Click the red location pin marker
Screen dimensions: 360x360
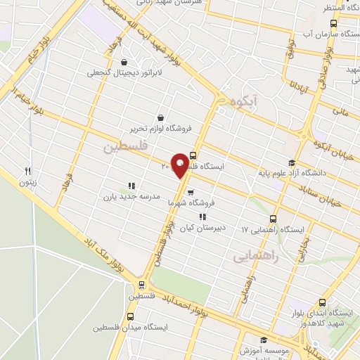pos(181,165)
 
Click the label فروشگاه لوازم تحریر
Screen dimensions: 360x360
pos(160,129)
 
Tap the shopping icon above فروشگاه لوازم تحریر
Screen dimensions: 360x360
pos(161,117)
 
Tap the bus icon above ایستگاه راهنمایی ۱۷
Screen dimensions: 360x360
pos(274,219)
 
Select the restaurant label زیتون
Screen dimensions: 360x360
pos(28,181)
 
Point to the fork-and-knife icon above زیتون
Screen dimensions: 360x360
pos(28,170)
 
